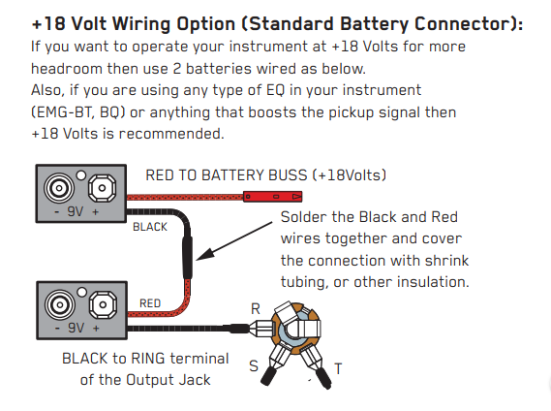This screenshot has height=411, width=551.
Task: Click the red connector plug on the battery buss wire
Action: pyautogui.click(x=273, y=197)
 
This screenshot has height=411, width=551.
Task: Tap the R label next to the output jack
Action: pyautogui.click(x=256, y=309)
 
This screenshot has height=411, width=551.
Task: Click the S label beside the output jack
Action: pyautogui.click(x=254, y=366)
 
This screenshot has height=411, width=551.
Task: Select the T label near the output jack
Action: pyautogui.click(x=338, y=368)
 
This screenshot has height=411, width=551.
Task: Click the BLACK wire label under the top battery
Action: pyautogui.click(x=150, y=227)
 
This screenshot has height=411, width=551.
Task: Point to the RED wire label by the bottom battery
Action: pyautogui.click(x=150, y=303)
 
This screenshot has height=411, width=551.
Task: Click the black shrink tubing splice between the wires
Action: pyautogui.click(x=187, y=258)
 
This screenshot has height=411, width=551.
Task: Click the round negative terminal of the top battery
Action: pyautogui.click(x=59, y=188)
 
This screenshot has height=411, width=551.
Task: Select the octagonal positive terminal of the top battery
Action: pyautogui.click(x=102, y=188)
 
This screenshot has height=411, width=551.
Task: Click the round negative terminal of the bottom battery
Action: pyautogui.click(x=60, y=304)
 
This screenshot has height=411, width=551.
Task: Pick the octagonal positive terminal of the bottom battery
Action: pyautogui.click(x=103, y=304)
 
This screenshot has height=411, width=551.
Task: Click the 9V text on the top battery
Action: pyautogui.click(x=76, y=211)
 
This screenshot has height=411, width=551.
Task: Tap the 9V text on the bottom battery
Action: pyautogui.click(x=76, y=328)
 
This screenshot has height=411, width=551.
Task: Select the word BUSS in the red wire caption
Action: pyautogui.click(x=288, y=175)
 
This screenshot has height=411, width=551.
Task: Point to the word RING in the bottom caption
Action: pyautogui.click(x=147, y=359)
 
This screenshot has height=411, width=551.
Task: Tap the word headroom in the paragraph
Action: pyautogui.click(x=67, y=68)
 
